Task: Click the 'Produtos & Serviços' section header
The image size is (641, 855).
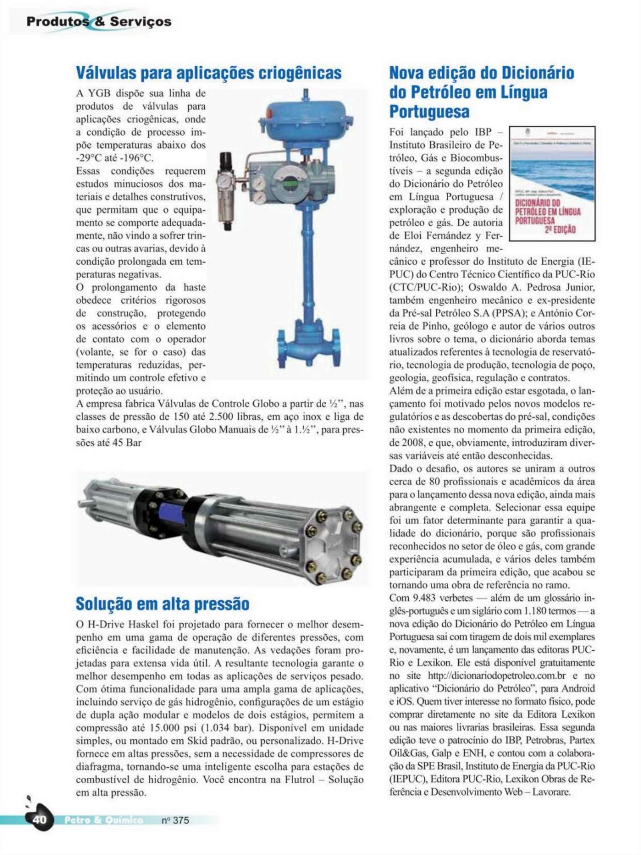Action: (x=99, y=22)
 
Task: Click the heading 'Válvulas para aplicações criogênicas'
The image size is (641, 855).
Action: (x=209, y=73)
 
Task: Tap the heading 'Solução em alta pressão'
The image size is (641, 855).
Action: (x=163, y=604)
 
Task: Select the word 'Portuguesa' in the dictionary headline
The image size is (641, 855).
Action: (x=429, y=111)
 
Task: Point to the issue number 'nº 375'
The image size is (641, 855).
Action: (x=175, y=820)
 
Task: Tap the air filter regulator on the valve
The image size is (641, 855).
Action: (x=226, y=190)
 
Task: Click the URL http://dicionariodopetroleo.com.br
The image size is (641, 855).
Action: (x=496, y=676)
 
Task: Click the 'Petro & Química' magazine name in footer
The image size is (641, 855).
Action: (x=103, y=820)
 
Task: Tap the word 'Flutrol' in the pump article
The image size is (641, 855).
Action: (x=300, y=779)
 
